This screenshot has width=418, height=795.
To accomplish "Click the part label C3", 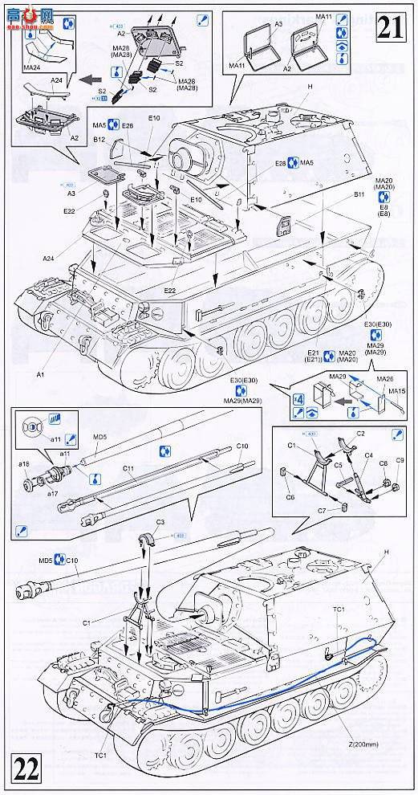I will (160, 522).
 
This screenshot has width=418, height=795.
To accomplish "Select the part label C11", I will (106, 467).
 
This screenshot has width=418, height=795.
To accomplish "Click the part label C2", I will (360, 433).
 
